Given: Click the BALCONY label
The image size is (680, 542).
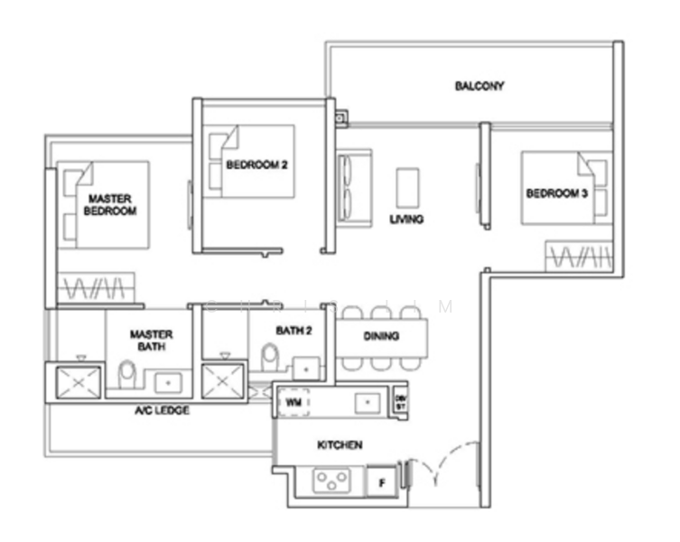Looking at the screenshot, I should (479, 87).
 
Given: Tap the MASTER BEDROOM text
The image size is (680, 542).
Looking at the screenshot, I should (111, 204).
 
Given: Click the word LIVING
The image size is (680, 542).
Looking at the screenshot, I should (406, 220).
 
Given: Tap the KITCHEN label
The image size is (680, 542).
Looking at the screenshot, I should (340, 445).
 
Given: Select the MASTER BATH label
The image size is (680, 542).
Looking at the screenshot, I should (150, 340).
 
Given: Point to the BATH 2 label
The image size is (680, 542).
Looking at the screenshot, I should (294, 332).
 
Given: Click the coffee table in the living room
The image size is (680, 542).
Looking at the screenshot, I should (407, 187).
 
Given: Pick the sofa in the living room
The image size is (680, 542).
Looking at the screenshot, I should (349, 185).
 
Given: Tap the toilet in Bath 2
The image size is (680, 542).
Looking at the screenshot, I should (268, 359).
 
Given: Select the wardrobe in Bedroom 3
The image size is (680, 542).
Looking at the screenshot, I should (578, 257).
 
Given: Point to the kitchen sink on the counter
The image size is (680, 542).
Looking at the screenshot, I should (368, 400).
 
